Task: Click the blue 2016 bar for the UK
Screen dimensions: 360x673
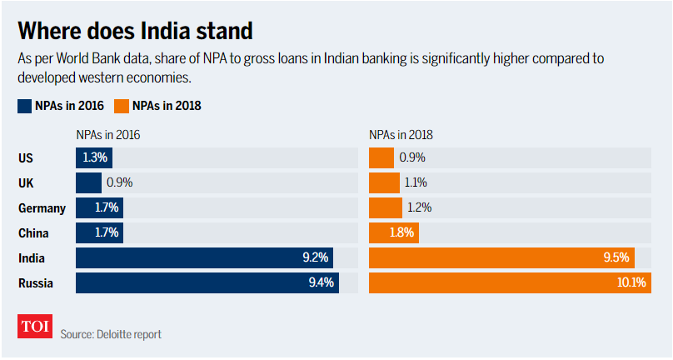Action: [x=88, y=182]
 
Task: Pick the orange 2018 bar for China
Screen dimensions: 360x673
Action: [x=393, y=233]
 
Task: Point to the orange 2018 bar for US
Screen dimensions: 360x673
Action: [x=381, y=157]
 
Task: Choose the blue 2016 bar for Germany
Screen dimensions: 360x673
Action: [x=99, y=207]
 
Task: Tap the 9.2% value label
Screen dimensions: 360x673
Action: [x=317, y=258]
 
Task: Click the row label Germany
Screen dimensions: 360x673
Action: [x=42, y=207]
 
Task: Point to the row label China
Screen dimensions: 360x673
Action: [x=33, y=233]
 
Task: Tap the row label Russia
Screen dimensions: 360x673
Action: [x=36, y=283]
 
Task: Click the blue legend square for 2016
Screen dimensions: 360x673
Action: [x=24, y=106]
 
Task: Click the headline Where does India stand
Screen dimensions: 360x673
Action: [x=134, y=32]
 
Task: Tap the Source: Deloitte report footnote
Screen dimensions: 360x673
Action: [x=111, y=334]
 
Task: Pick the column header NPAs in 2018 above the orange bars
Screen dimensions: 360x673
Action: [x=401, y=134]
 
